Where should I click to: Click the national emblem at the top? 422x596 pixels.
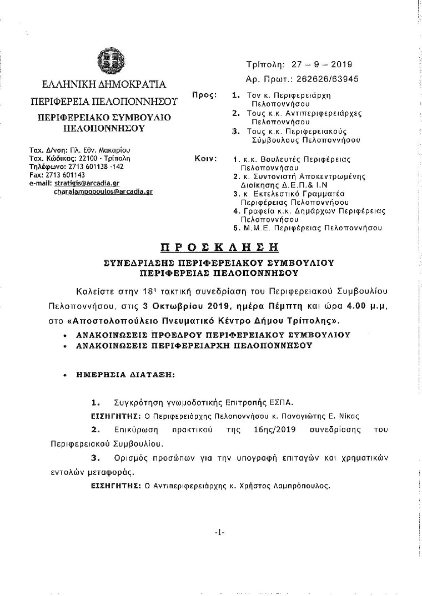click(x=106, y=60)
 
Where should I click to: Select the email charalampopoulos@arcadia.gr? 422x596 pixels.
click(x=103, y=190)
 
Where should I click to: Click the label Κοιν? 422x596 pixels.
click(x=205, y=159)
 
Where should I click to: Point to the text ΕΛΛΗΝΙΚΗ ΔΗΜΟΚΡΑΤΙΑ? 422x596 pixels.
click(x=104, y=85)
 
